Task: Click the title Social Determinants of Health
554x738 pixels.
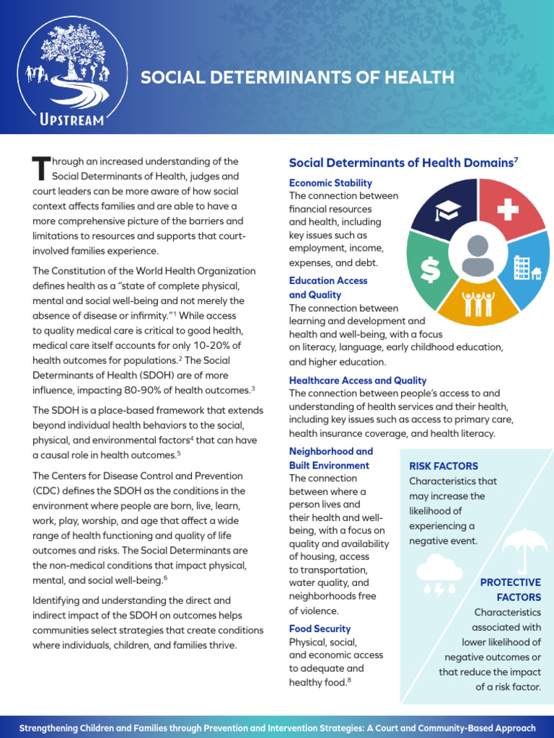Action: click(297, 78)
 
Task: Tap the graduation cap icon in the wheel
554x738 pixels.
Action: click(447, 210)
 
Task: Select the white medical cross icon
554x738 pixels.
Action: click(508, 210)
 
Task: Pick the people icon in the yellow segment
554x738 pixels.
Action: click(478, 302)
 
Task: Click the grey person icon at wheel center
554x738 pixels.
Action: click(477, 256)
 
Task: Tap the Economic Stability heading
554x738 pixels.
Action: click(330, 183)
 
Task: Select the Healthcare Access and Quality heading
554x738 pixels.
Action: click(358, 381)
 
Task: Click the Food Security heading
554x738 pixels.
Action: click(320, 628)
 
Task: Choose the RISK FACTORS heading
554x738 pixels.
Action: click(444, 466)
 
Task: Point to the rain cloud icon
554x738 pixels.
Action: click(439, 573)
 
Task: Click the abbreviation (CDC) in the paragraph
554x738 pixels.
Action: click(46, 491)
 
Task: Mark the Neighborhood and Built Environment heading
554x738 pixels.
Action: click(330, 458)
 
